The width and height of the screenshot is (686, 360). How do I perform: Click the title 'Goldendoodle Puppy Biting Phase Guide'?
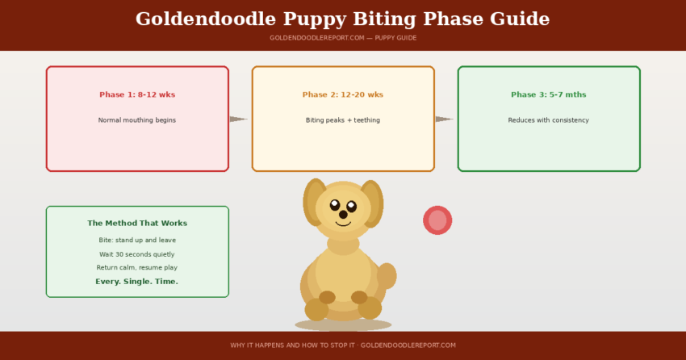[x=343, y=19]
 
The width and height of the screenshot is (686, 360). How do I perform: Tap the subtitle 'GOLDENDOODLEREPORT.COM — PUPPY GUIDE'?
[x=343, y=38]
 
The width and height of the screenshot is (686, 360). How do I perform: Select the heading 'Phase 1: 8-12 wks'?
[x=137, y=95]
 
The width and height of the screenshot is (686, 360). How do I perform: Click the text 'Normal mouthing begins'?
[x=137, y=120]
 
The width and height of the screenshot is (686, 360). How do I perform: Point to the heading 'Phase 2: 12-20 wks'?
[x=343, y=95]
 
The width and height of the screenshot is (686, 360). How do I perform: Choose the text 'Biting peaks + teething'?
[x=343, y=120]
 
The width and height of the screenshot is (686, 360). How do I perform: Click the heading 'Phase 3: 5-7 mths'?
[x=549, y=95]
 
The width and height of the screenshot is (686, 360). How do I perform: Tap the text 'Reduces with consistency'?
[x=549, y=120]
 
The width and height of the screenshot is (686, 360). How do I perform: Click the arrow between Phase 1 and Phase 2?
[x=239, y=119]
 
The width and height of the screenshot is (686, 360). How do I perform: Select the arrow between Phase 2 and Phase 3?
[x=445, y=119]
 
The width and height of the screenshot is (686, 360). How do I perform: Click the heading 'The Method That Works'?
[x=137, y=224]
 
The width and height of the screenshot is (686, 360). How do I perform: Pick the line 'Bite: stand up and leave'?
[x=137, y=241]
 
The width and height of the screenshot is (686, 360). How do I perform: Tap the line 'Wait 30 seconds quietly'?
[x=137, y=254]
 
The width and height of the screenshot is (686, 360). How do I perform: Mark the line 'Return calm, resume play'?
[x=137, y=268]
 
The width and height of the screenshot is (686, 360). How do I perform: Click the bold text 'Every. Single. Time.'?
[x=137, y=282]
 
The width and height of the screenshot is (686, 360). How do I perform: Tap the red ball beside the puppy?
[x=437, y=220]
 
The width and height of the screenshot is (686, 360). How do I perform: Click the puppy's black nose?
[x=343, y=215]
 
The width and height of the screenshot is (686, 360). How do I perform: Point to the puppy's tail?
[x=387, y=276]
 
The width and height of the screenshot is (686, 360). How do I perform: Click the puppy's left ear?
[x=314, y=202]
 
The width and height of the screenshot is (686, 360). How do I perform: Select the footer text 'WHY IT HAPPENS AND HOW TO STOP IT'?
[x=293, y=345]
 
